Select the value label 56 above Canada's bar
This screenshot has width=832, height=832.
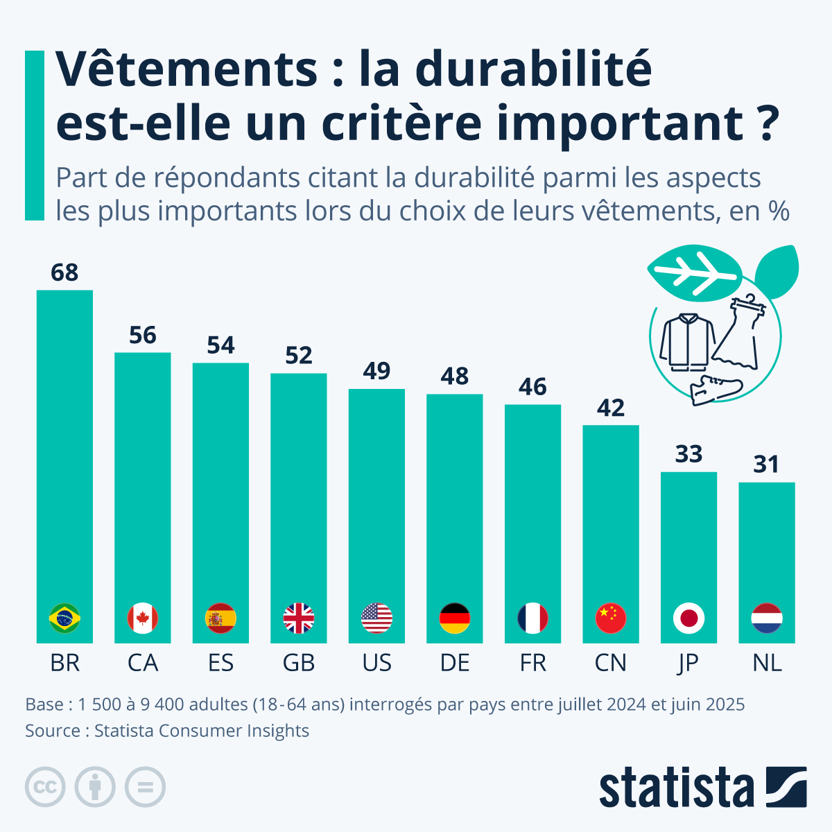pos(143,336)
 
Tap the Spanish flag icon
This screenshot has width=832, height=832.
pos(220,618)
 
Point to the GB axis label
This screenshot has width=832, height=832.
pos(299,664)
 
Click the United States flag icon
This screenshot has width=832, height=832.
pos(376,618)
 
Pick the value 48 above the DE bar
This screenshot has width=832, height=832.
pos(455,376)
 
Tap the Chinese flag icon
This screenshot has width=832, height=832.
pos(611,618)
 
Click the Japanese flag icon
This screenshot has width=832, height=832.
pos(688,618)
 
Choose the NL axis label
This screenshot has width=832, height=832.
pos(767,664)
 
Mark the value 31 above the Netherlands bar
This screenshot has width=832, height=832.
pos(767,465)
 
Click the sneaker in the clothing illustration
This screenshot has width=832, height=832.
pos(716,390)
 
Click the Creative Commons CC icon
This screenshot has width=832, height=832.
pos(45,788)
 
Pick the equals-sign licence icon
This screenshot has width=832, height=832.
pos(145,788)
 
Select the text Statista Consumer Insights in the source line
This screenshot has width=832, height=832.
pos(202,731)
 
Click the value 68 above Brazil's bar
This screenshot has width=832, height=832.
pos(64,273)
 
